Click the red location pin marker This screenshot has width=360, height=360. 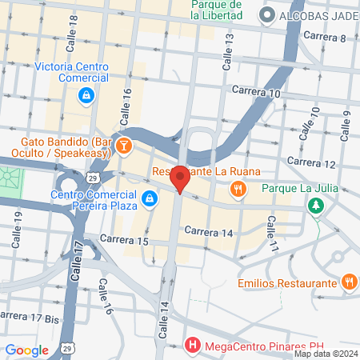(181, 178)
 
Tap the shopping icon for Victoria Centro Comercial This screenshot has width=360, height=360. (85, 97)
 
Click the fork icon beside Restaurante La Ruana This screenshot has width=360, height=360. (238, 189)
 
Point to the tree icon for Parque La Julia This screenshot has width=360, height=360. (318, 206)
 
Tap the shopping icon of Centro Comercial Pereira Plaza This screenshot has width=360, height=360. (149, 198)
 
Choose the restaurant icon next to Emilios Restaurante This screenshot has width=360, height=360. (349, 282)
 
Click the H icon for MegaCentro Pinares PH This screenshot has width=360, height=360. (192, 346)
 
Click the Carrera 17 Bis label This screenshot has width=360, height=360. (31, 317)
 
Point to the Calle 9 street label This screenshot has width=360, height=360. (347, 123)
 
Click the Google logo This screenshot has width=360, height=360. (27, 350)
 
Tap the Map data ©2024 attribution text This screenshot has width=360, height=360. (325, 354)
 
